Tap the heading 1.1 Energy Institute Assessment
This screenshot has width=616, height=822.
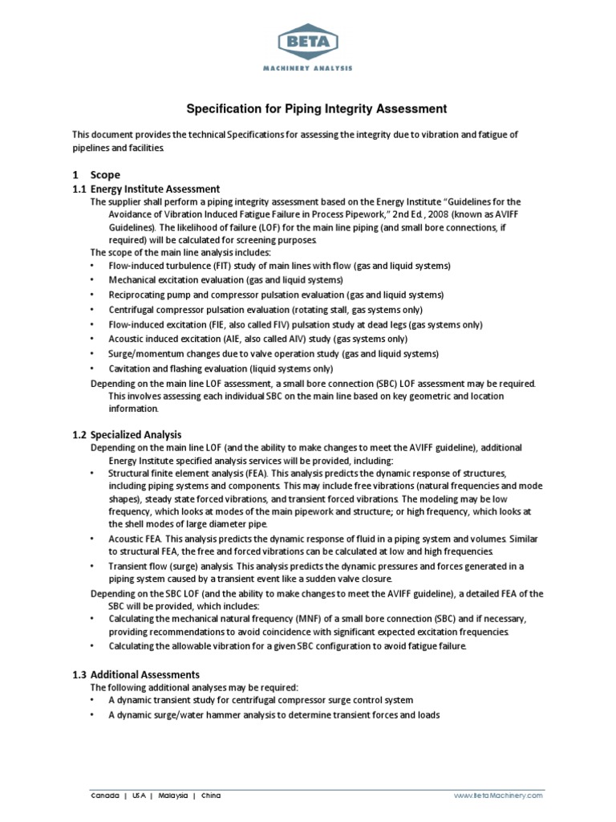(x=146, y=189)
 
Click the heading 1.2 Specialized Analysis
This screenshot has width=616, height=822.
(x=128, y=434)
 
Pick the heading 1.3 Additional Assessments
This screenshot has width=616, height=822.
(x=136, y=674)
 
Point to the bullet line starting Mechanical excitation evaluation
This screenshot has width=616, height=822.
(x=225, y=280)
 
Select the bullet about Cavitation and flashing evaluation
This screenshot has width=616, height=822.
(x=221, y=368)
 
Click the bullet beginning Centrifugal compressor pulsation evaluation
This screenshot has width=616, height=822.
(x=265, y=310)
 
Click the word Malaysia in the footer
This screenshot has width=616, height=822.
(x=172, y=796)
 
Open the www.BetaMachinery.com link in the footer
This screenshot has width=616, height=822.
(x=498, y=796)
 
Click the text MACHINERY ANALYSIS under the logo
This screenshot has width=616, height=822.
(x=307, y=69)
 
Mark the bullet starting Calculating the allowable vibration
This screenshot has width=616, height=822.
(x=286, y=646)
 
